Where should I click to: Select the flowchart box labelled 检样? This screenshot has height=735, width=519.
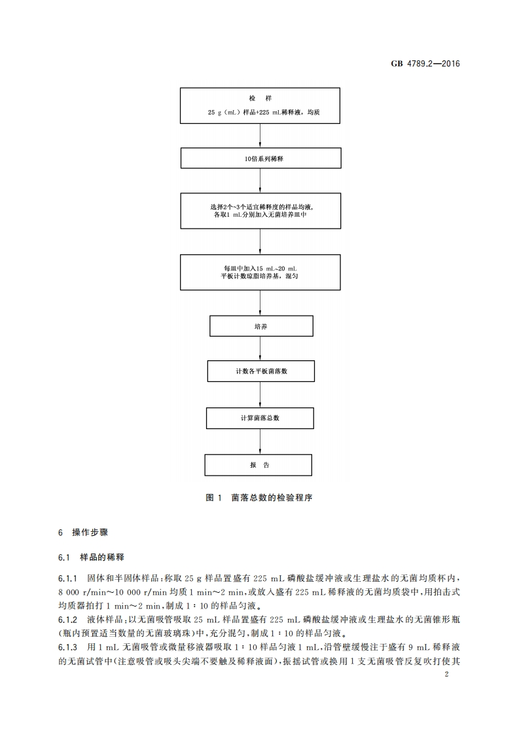click(260, 105)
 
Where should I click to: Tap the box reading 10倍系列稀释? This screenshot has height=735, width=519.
click(260, 159)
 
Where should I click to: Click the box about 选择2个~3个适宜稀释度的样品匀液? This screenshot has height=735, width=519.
click(260, 210)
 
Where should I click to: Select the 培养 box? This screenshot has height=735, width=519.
click(260, 326)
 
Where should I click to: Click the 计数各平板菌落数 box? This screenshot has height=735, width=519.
click(260, 371)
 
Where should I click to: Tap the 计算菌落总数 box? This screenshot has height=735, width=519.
click(260, 418)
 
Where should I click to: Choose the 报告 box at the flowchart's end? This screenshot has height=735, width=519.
click(259, 465)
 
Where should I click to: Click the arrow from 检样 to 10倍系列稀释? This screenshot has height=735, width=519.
click(260, 136)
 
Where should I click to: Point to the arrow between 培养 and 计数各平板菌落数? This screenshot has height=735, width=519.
click(260, 349)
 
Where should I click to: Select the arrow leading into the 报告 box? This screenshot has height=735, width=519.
click(260, 442)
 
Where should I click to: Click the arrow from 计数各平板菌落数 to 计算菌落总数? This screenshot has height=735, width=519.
click(260, 395)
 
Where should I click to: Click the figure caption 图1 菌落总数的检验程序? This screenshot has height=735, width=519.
click(259, 498)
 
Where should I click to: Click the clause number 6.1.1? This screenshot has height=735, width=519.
click(67, 580)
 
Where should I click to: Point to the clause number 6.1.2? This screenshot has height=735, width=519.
click(67, 619)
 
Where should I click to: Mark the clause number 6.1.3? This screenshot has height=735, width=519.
click(67, 645)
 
